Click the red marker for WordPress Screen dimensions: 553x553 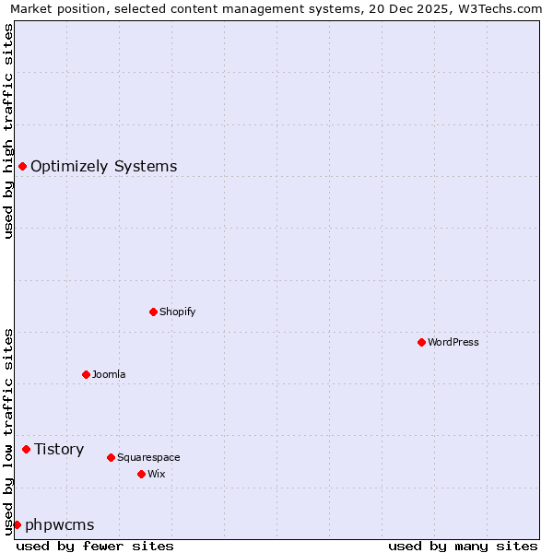(x=421, y=342)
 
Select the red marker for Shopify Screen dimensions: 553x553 (x=153, y=312)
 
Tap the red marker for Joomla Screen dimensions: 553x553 (x=86, y=374)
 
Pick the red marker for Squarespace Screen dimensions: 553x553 (x=111, y=457)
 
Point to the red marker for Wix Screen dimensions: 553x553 (x=141, y=474)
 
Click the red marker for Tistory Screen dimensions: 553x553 (x=26, y=449)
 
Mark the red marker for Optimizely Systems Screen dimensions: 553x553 (x=22, y=166)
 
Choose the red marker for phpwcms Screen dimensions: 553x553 (x=17, y=524)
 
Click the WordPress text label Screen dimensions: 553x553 (x=453, y=342)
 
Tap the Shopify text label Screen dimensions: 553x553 (x=178, y=312)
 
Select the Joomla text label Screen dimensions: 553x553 (x=109, y=374)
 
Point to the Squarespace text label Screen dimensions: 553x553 (x=148, y=457)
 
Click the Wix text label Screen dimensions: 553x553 (x=156, y=474)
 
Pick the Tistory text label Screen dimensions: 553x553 (x=59, y=449)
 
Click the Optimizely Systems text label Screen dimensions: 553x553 (x=104, y=166)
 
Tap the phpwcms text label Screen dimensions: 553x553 (x=60, y=524)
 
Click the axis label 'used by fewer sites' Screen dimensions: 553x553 (x=95, y=546)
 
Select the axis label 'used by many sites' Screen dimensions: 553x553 (x=463, y=546)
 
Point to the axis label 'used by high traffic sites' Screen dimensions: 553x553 (x=8, y=131)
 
